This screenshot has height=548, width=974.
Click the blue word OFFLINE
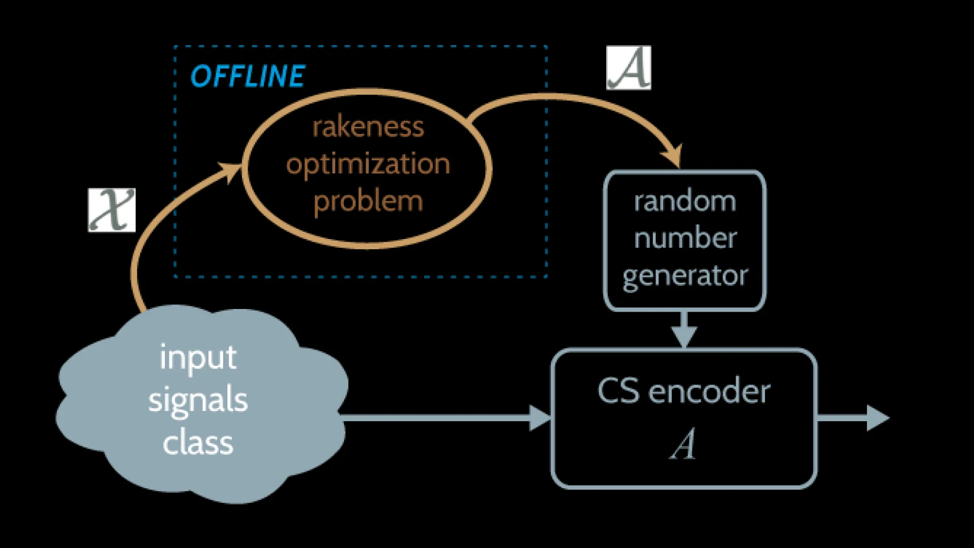[248, 76]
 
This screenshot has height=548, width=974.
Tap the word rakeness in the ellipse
[368, 127]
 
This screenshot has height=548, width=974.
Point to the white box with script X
[112, 210]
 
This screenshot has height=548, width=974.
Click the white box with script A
[629, 68]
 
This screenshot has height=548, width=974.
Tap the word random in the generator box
[685, 201]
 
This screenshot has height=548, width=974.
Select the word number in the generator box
[685, 238]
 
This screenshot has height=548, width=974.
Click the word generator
[685, 276]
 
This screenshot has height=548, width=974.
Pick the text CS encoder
[684, 392]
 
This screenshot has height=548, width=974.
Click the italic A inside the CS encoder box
[683, 444]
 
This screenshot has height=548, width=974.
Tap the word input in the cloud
[198, 358]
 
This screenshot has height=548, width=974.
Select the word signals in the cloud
[198, 401]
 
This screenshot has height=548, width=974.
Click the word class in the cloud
[198, 442]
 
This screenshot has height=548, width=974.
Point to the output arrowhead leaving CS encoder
[878, 418]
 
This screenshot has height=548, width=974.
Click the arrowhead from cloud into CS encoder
[540, 418]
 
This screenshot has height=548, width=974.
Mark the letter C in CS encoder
[608, 391]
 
